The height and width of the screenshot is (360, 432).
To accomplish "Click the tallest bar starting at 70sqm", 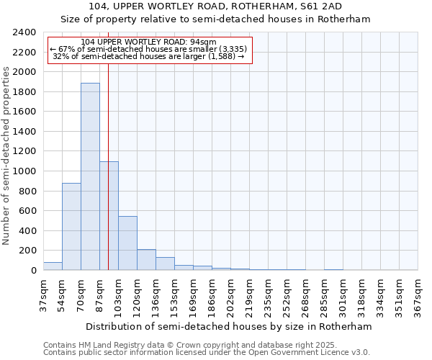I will [90, 176].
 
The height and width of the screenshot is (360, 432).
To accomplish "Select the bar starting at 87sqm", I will [109, 216].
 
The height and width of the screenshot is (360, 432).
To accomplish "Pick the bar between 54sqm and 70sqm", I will [71, 227].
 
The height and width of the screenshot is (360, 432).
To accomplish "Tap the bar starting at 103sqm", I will [127, 243].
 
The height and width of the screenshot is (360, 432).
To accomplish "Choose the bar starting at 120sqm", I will [146, 260].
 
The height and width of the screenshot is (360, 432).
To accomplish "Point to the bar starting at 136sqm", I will [165, 264].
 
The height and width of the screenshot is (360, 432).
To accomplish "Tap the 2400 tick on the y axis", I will [24, 32].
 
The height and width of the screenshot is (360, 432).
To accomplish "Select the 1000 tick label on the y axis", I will [24, 171].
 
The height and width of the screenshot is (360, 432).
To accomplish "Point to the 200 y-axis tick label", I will [27, 251].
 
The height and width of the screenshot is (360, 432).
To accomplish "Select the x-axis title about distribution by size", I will [230, 326].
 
